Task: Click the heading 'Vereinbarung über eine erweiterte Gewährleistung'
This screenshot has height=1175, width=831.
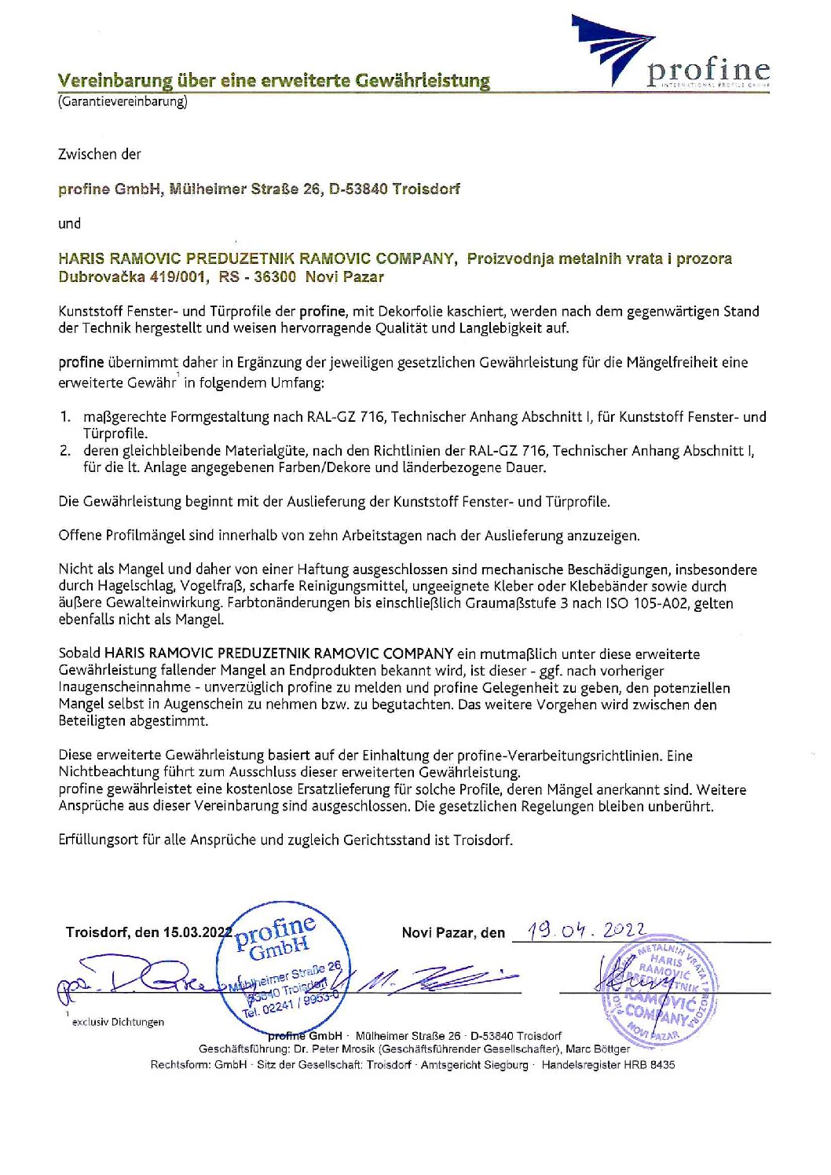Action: click(273, 80)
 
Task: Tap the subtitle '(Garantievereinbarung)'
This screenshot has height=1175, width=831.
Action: click(123, 101)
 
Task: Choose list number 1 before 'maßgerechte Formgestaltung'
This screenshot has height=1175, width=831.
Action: click(66, 417)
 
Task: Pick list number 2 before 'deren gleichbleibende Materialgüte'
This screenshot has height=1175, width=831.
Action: click(66, 451)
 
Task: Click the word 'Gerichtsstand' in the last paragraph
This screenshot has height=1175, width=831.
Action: click(386, 840)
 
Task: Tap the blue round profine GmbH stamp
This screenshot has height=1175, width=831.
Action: click(283, 965)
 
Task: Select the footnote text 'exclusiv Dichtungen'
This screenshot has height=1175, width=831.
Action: click(118, 1022)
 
